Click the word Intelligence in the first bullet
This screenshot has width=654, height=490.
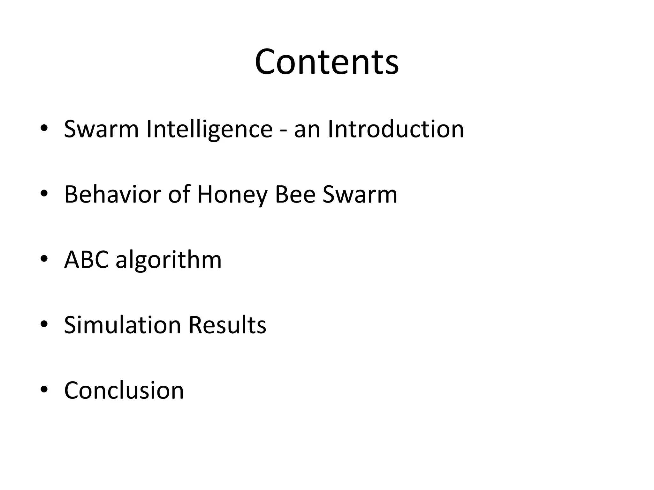point(209,129)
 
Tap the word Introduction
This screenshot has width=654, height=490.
point(396,129)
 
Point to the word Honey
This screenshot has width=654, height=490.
point(232,195)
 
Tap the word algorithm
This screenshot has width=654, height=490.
point(169,260)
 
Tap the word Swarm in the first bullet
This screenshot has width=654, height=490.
point(101,129)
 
